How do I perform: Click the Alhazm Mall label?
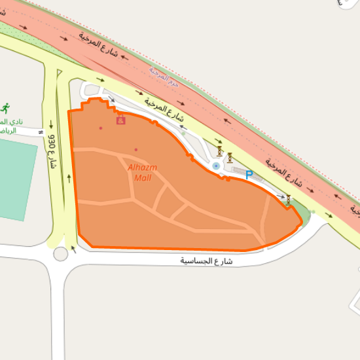(x=142, y=172)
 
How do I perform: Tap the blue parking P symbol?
(x=249, y=174)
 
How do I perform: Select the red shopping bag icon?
(x=120, y=120)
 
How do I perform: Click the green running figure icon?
(x=6, y=107)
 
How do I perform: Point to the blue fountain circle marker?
(x=216, y=166)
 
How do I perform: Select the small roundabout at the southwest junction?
(x=61, y=254)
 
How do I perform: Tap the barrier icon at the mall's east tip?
(x=288, y=200)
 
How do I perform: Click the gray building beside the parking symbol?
(x=241, y=172)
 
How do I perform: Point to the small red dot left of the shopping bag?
(x=101, y=128)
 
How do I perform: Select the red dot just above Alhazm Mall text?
(x=136, y=150)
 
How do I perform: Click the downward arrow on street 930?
(x=51, y=122)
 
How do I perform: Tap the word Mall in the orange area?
(x=142, y=177)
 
